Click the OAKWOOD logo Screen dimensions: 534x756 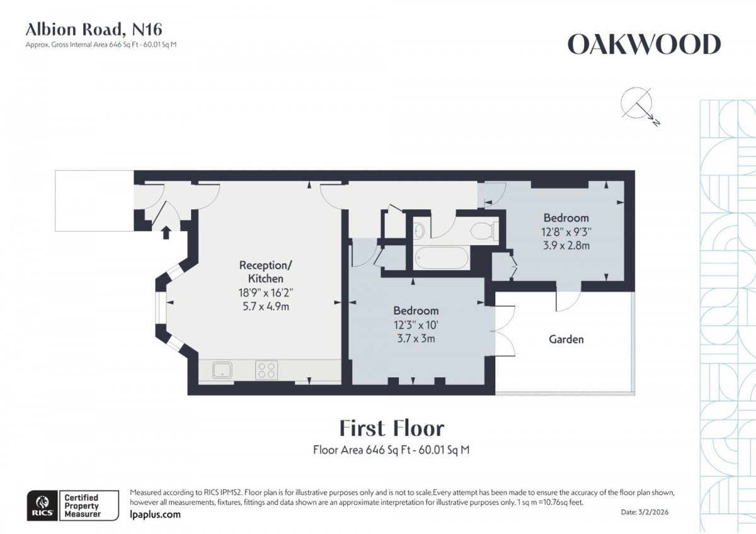644,45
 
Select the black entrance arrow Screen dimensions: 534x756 166,232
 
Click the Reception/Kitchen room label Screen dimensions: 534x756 265,271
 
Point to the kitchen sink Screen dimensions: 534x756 222,370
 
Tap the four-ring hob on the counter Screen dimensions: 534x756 266,370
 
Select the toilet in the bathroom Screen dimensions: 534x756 484,231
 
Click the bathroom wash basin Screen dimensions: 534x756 420,230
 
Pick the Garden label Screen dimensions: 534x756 566,339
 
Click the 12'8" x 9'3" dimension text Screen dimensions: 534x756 566,231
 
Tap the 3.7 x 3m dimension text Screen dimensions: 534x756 416,338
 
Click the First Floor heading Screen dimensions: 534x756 391,428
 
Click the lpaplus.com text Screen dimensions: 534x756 155,514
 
